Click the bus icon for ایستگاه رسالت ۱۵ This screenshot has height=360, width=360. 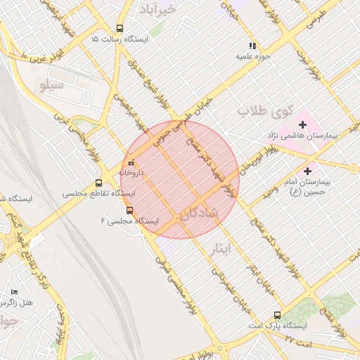coord(120,30)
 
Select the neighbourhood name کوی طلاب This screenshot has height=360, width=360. coord(258,111)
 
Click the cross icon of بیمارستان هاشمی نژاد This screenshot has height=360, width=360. coord(302,124)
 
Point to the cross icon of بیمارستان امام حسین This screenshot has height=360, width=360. coord(307,171)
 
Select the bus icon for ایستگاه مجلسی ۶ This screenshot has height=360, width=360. coord(129,210)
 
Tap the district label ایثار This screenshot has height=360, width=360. coord(220,247)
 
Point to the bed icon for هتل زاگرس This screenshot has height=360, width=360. coord(14,292)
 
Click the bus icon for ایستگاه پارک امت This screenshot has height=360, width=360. coord(277,316)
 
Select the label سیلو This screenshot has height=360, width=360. coord(53,86)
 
